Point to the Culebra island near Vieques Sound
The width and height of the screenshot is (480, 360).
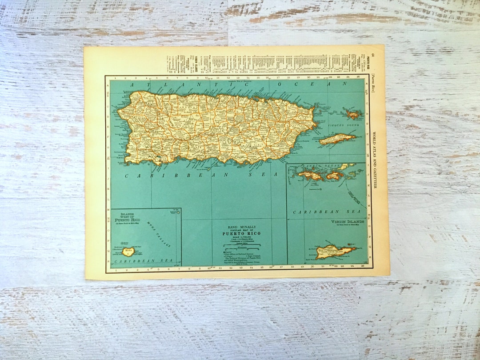click(353, 115)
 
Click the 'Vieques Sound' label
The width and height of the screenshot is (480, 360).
click(343, 126)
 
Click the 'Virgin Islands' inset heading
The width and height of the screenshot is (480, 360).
click(348, 221)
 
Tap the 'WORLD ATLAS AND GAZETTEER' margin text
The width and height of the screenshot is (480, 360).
click(374, 160)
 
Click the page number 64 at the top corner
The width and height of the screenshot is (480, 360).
click(374, 54)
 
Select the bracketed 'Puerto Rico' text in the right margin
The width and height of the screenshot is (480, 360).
click(373, 82)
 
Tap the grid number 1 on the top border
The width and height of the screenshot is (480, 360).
click(115, 78)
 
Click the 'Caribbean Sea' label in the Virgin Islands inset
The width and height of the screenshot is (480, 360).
click(322, 212)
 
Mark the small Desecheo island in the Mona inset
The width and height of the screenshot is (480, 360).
click(178, 212)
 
